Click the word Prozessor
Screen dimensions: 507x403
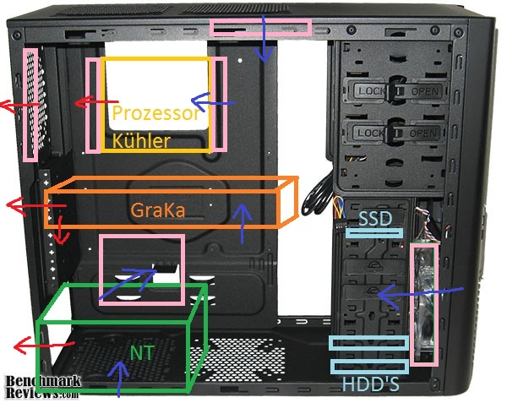click(156, 113)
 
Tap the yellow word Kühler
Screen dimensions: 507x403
click(141, 140)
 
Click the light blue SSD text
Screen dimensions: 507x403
click(373, 218)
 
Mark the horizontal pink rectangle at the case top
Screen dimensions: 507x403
click(261, 28)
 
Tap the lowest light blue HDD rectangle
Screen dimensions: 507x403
click(369, 366)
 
